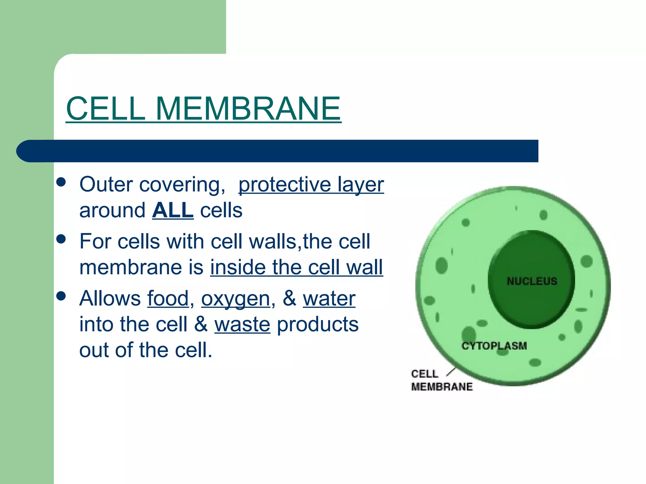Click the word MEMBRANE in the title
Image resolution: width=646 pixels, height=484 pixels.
[x=248, y=109]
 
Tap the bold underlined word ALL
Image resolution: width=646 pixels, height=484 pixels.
[x=173, y=210]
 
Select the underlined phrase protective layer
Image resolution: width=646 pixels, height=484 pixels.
[x=311, y=184]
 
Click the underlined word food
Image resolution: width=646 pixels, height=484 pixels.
[x=168, y=298]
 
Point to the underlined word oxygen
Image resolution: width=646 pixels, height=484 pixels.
[x=236, y=299]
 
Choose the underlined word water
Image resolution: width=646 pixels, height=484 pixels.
[x=329, y=298]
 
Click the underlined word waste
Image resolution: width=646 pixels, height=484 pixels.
[x=242, y=324]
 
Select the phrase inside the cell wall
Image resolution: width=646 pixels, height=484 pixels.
[x=297, y=267]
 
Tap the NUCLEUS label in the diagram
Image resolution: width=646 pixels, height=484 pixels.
[x=532, y=281]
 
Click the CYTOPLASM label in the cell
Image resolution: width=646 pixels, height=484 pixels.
[x=494, y=346]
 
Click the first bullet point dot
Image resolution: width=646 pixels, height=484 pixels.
[x=61, y=182]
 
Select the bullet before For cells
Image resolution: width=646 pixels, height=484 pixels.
[x=61, y=239]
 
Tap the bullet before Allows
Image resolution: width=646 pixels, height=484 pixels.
[x=61, y=296]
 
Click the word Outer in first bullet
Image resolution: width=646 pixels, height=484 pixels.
[x=106, y=184]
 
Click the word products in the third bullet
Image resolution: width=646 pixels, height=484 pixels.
[x=318, y=324]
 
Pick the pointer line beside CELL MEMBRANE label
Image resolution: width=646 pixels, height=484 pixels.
[x=451, y=372]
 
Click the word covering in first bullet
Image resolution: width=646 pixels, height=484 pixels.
[x=180, y=185]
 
